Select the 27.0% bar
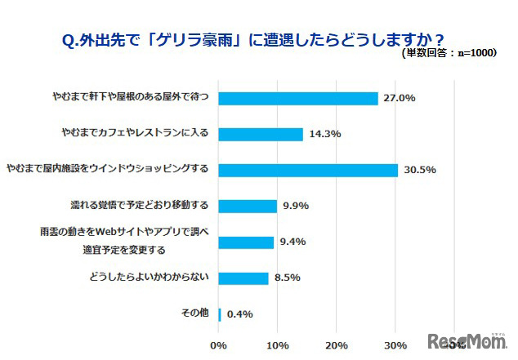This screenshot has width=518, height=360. tap(298, 98)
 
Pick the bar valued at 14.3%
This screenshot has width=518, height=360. tap(261, 134)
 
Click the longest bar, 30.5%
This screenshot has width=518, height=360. tap(308, 170)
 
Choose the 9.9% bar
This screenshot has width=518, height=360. tap(248, 206)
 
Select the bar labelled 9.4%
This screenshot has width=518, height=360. tap(246, 242)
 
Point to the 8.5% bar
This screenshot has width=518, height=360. tap(243, 278)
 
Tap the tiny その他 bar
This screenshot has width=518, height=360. tap(220, 313)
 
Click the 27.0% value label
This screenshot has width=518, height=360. tap(400, 98)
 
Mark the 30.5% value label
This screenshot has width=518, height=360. tap(420, 170)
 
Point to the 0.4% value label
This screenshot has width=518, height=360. tap(239, 313)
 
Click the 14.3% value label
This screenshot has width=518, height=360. tap(325, 134)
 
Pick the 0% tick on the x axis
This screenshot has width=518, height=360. tap(218, 345)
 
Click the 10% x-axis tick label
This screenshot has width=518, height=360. tap(277, 345)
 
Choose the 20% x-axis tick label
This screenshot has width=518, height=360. tap(337, 345)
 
